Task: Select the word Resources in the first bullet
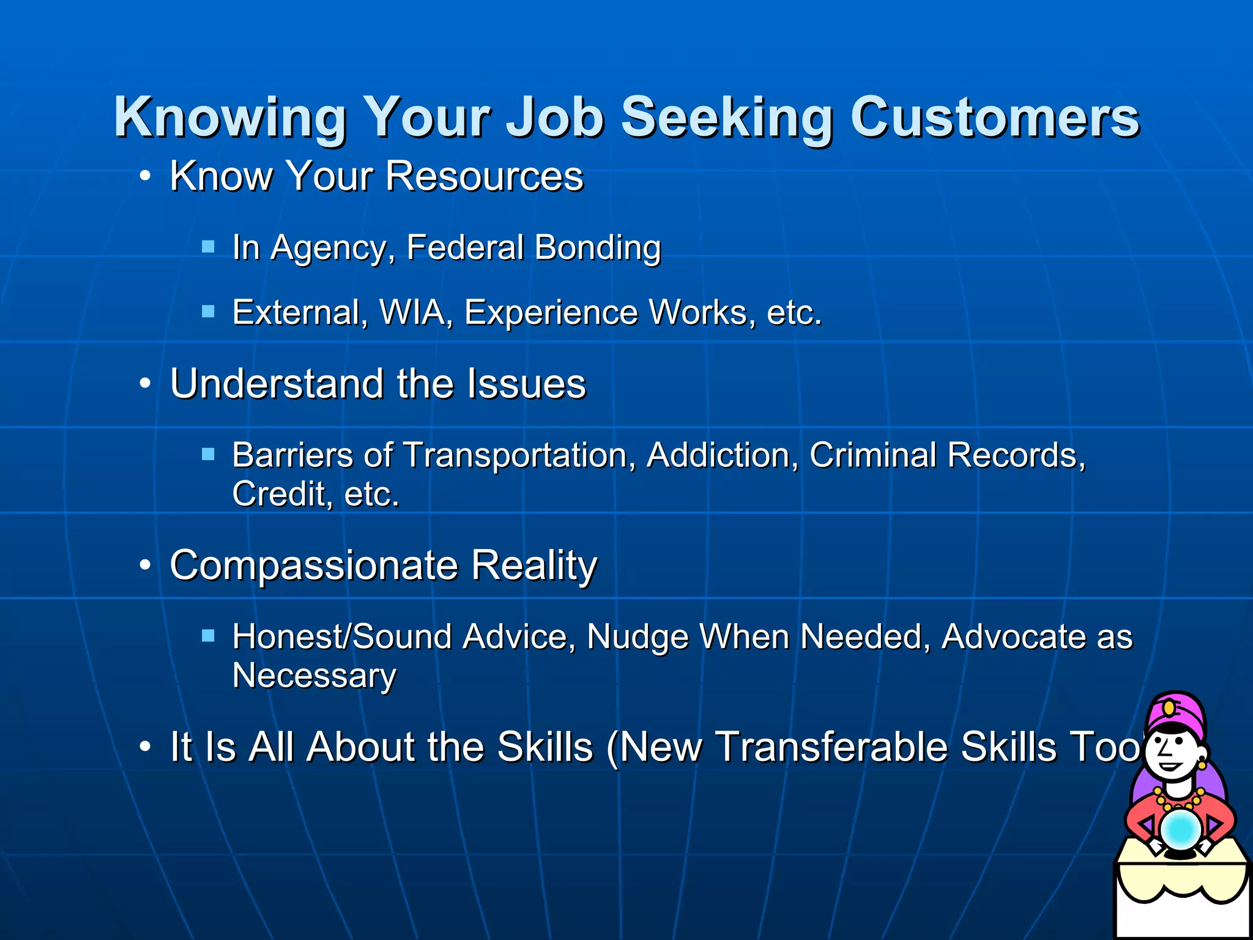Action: tap(484, 176)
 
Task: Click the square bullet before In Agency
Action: tap(209, 247)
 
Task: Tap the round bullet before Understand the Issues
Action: tap(145, 384)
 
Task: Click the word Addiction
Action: tap(723, 455)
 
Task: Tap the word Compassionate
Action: tap(314, 565)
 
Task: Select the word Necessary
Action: tap(314, 676)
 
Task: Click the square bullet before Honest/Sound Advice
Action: tap(209, 636)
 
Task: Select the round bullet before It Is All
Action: tap(145, 747)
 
